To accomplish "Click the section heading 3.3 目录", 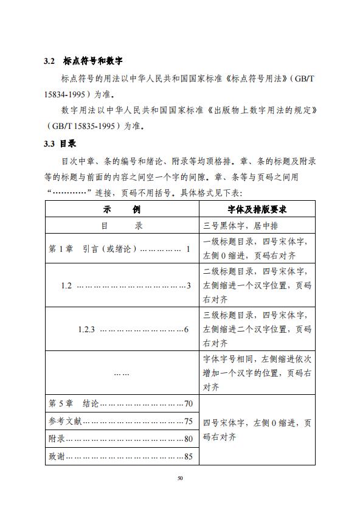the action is pos(60,144).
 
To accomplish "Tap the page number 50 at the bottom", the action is pos(180,478).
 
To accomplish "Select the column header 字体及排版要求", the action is pos(257,209).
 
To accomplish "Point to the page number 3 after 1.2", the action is pos(189,285).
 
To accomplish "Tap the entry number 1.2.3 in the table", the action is pos(87,330).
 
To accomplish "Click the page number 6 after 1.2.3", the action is pos(186,330).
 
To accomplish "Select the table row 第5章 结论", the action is pos(121,404).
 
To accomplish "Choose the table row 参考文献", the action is pos(121,421).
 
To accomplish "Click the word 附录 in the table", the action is pos(57,439).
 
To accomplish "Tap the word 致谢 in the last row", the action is pos(57,456).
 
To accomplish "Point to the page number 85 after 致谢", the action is pos(188,456).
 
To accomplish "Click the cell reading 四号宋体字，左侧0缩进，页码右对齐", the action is pos(257,430).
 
